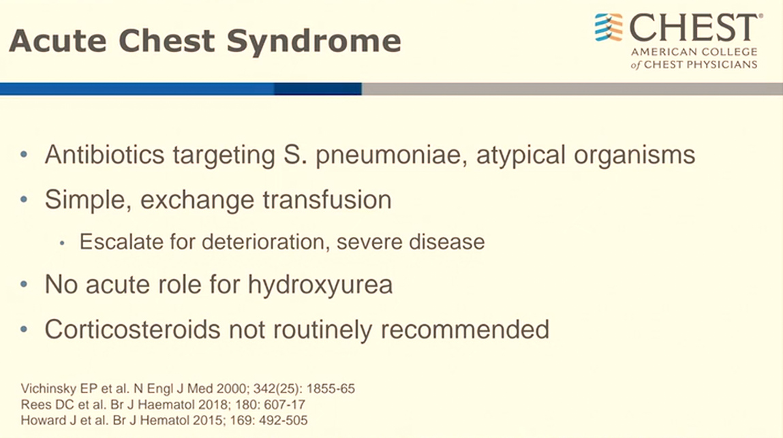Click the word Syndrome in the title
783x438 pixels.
313,42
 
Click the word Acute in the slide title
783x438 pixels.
57,40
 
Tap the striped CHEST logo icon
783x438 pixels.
609,27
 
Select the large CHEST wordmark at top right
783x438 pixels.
696,28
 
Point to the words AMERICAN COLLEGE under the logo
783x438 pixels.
694,52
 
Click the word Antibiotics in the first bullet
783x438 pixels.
105,155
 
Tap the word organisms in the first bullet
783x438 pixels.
634,155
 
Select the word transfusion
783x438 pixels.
327,200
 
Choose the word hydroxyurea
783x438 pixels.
320,285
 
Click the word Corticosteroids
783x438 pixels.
132,330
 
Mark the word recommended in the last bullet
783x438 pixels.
464,330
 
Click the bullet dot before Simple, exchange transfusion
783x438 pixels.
24,200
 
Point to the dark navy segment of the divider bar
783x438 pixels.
318,89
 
